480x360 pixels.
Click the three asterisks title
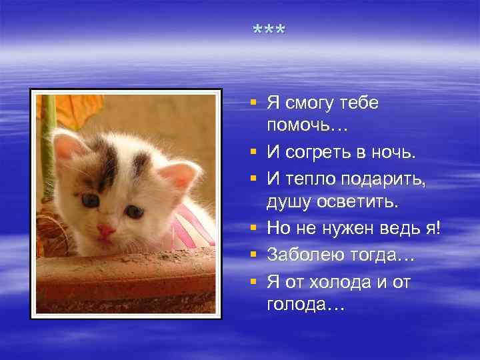tap(269, 31)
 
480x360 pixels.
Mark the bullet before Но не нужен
tap(253, 229)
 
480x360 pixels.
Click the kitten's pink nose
tap(105, 231)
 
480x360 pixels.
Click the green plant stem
tap(48, 153)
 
